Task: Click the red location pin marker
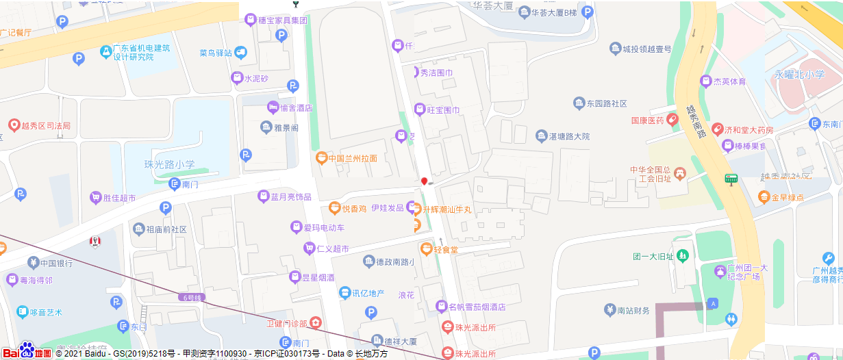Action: [x=425, y=181]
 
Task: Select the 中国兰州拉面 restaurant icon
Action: [x=320, y=158]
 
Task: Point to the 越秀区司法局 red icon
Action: [x=13, y=125]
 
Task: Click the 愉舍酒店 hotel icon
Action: [x=273, y=107]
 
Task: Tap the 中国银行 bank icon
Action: [x=32, y=263]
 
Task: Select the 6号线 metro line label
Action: [x=194, y=298]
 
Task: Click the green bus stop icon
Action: [x=731, y=179]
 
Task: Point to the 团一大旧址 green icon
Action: [x=682, y=257]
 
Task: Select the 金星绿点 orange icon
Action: [x=764, y=198]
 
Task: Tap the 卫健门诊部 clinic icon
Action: [x=315, y=322]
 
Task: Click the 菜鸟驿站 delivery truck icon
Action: [x=240, y=53]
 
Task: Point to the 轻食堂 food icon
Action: [x=426, y=249]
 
